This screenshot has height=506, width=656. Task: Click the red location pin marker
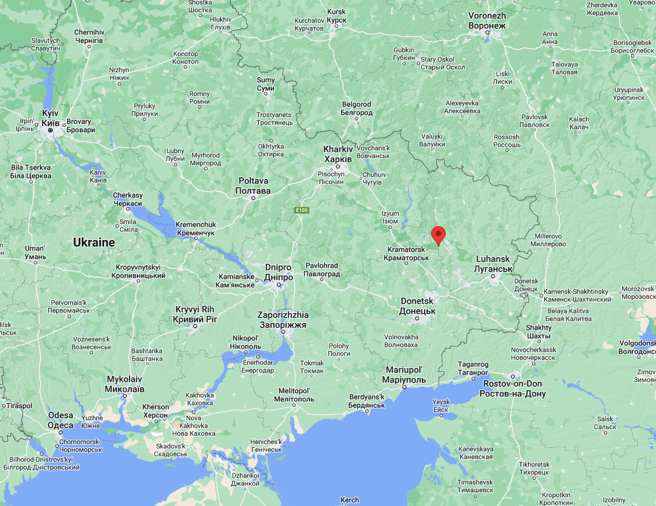(438, 234)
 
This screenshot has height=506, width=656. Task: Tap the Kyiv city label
(50, 117)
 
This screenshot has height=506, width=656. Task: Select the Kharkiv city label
(338, 154)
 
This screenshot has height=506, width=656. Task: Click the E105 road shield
(302, 210)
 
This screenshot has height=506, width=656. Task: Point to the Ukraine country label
(94, 242)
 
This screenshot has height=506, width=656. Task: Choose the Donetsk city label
(417, 306)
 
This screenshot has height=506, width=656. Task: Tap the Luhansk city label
(492, 264)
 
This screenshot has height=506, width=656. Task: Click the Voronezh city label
(487, 21)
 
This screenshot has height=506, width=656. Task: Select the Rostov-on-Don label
(513, 389)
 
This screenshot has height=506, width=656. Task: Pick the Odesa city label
(60, 420)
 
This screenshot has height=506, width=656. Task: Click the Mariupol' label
(404, 375)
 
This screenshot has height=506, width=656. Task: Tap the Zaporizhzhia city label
(283, 320)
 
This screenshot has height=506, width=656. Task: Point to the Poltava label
(254, 186)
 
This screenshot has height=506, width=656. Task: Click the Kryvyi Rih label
(195, 314)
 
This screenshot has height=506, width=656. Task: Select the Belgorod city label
(357, 108)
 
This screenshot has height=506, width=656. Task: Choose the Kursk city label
(337, 16)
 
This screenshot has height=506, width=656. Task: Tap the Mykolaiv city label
(125, 384)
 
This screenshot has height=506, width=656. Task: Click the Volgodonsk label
(637, 346)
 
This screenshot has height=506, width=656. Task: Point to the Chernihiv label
(89, 37)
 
